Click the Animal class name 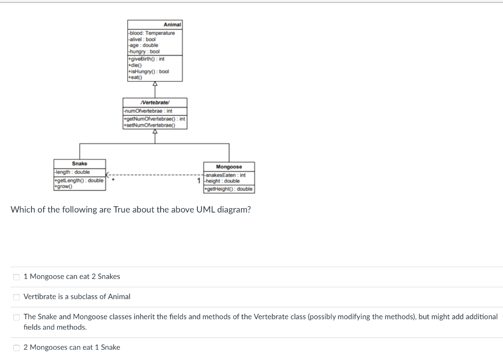pos(172,25)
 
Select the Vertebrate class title pos(155,102)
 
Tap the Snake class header pos(79,164)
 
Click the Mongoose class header pos(229,167)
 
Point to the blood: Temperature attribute pos(152,33)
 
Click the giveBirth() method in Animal pos(146,58)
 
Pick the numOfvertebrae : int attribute pos(149,111)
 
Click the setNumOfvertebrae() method pos(149,125)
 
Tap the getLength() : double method pos(79,181)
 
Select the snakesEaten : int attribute pos(226,175)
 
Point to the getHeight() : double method pos(229,189)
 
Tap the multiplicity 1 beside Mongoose pos(199,181)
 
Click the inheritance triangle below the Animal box pos(155,84)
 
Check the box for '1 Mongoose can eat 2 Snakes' pos(16,277)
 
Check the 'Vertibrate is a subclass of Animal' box pos(16,297)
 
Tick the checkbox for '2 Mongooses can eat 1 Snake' pos(16,348)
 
